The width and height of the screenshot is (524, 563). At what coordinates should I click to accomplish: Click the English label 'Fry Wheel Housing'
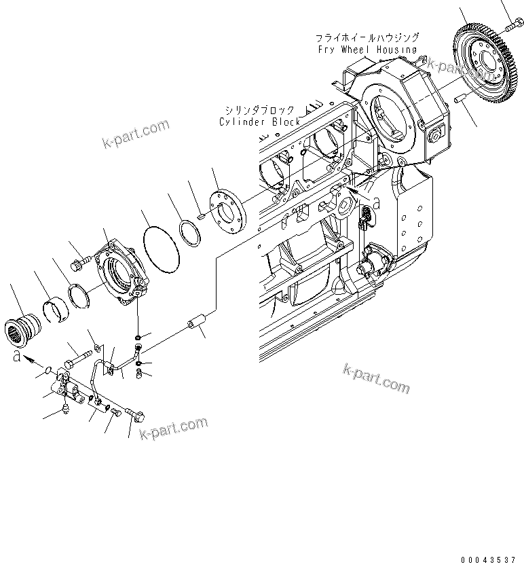[366, 49]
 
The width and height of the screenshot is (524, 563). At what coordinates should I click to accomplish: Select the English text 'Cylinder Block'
[259, 122]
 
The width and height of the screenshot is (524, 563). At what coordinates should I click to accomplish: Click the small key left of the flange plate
[201, 217]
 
